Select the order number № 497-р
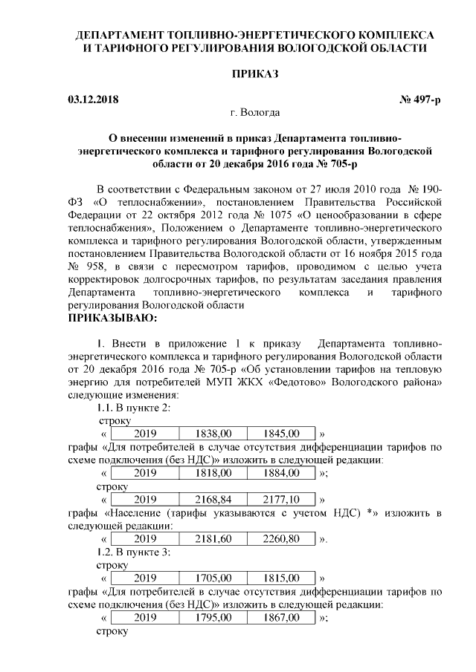[419, 100]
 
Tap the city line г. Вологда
[255, 113]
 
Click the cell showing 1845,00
[280, 433]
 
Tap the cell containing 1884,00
[280, 473]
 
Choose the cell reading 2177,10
[280, 499]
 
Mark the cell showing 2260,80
[280, 538]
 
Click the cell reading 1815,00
[280, 578]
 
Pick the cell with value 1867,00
[280, 618]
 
